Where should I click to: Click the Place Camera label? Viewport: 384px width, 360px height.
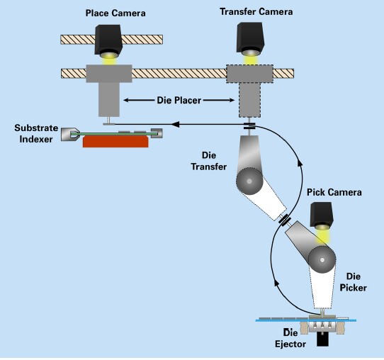[115, 13]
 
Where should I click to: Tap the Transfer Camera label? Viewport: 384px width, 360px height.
[256, 12]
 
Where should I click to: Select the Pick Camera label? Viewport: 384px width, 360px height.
[334, 192]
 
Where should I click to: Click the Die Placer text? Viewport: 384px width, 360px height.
[179, 100]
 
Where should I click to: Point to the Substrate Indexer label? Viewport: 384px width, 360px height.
[36, 133]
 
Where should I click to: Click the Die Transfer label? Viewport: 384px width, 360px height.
[209, 161]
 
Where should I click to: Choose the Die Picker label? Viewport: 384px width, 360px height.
[354, 282]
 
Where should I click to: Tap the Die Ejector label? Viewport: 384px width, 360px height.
[290, 339]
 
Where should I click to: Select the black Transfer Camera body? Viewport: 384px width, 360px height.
[250, 38]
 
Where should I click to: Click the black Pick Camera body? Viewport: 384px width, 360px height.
[322, 214]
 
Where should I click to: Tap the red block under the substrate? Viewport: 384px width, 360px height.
[115, 142]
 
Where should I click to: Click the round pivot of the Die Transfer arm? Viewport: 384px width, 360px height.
[249, 181]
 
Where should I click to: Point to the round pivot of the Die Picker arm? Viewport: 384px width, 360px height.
[322, 260]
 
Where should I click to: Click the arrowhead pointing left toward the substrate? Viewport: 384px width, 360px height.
[176, 124]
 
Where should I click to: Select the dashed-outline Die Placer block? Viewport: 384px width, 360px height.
[249, 91]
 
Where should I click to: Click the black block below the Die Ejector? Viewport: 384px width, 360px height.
[322, 339]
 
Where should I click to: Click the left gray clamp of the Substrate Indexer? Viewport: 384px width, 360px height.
[70, 134]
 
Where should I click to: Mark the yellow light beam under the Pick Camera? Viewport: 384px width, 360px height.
[323, 236]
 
